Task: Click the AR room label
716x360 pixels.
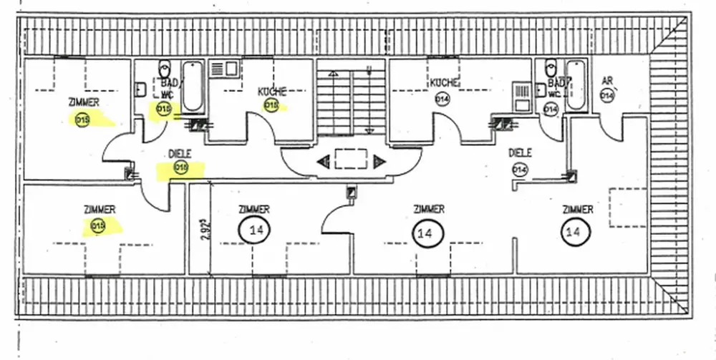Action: [607, 79]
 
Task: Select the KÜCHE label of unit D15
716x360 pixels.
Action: [272, 92]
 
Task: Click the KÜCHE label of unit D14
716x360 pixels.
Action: [444, 83]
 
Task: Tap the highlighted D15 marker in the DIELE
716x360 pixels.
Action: [180, 168]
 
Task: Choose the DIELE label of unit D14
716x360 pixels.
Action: [520, 152]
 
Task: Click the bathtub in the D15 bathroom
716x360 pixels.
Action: [192, 87]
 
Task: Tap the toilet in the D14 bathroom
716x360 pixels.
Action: [551, 69]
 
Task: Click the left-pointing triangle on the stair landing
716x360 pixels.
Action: [323, 161]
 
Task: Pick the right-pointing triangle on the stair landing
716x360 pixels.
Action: [379, 161]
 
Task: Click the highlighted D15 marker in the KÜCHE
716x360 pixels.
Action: [271, 106]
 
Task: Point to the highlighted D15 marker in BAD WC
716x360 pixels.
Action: [164, 109]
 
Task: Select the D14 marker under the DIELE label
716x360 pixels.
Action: [520, 169]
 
